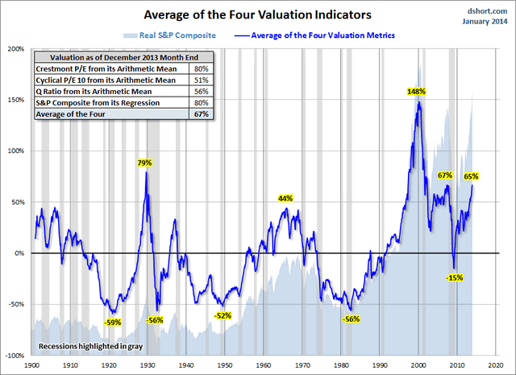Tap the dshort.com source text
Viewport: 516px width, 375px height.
click(x=485, y=10)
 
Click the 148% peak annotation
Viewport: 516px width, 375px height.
click(x=416, y=92)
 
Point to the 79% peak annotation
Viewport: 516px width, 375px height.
click(x=145, y=163)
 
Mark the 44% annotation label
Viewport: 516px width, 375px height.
click(x=285, y=198)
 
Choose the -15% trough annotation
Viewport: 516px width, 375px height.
click(x=454, y=278)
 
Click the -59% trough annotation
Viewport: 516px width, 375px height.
click(x=113, y=323)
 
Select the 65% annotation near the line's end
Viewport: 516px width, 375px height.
click(x=472, y=176)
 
